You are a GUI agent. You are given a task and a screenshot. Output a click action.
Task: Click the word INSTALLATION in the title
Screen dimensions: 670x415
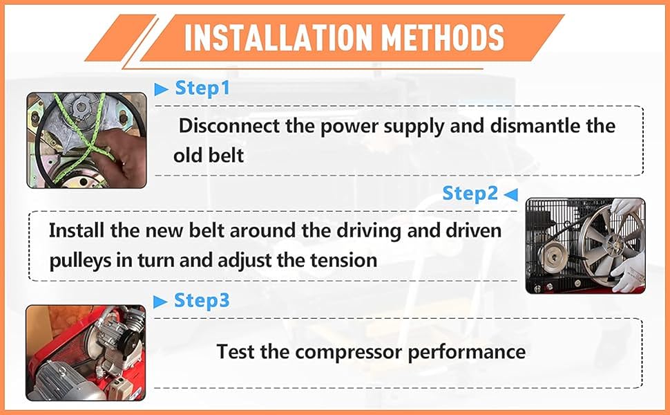278,37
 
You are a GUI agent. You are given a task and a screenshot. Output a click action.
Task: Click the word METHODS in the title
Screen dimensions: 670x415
443,37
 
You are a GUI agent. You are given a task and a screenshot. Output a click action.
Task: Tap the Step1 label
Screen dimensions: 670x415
202,88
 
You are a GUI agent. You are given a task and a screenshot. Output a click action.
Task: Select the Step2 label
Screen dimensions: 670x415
470,193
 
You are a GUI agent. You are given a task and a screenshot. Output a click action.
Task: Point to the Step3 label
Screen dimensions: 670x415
202,300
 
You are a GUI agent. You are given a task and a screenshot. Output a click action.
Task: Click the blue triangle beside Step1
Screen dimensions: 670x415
161,89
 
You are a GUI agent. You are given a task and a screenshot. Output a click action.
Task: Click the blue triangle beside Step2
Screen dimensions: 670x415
511,194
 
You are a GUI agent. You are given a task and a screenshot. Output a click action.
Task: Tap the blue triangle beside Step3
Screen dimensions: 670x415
160,302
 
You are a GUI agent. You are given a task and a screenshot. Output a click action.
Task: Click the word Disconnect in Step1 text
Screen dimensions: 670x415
229,126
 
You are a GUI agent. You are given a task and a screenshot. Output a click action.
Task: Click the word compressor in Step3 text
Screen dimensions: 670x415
349,353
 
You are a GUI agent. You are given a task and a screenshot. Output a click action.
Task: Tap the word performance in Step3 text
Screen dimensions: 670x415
467,353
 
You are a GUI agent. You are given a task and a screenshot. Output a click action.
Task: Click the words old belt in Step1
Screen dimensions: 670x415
209,156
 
